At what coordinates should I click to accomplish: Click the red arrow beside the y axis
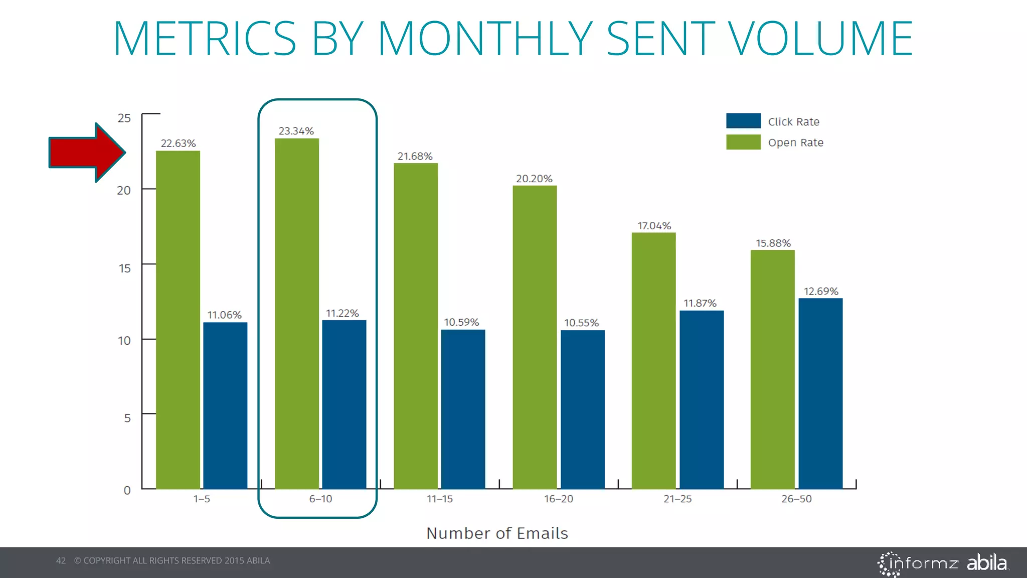[85, 153]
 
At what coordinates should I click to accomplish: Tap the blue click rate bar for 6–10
[344, 404]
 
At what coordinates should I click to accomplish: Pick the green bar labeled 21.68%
[416, 326]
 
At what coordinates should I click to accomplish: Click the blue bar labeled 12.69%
[820, 393]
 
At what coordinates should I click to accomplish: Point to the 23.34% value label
[296, 131]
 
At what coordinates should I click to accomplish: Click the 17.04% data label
[654, 226]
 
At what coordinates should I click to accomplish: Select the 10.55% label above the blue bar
[581, 323]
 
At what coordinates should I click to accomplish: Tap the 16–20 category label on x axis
[559, 499]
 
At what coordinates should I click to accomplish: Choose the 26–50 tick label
[796, 499]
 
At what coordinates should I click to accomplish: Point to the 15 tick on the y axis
[124, 268]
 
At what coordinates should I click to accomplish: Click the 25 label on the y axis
[124, 118]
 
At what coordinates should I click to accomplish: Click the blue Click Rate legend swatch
[743, 121]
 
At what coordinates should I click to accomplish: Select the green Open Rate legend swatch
[743, 142]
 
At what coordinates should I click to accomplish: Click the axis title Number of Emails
[497, 533]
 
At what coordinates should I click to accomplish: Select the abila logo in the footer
[986, 562]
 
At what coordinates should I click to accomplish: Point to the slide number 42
[61, 560]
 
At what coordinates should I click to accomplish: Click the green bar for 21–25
[653, 361]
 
